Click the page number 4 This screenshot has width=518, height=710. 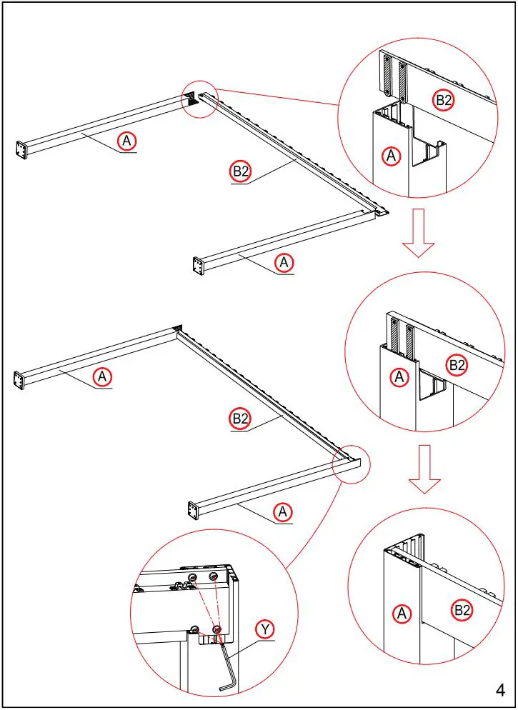click(x=500, y=689)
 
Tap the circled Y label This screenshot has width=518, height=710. click(x=265, y=629)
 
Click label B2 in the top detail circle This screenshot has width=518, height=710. click(x=444, y=101)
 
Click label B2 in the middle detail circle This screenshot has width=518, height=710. click(x=457, y=366)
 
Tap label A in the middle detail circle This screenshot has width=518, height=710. click(x=400, y=376)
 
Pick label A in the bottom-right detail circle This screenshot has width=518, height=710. click(x=402, y=613)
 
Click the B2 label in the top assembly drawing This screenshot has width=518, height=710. click(x=241, y=171)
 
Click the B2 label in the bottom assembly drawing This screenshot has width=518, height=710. click(x=241, y=419)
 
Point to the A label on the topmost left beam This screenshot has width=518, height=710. click(x=126, y=141)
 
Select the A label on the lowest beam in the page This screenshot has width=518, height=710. click(x=283, y=512)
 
